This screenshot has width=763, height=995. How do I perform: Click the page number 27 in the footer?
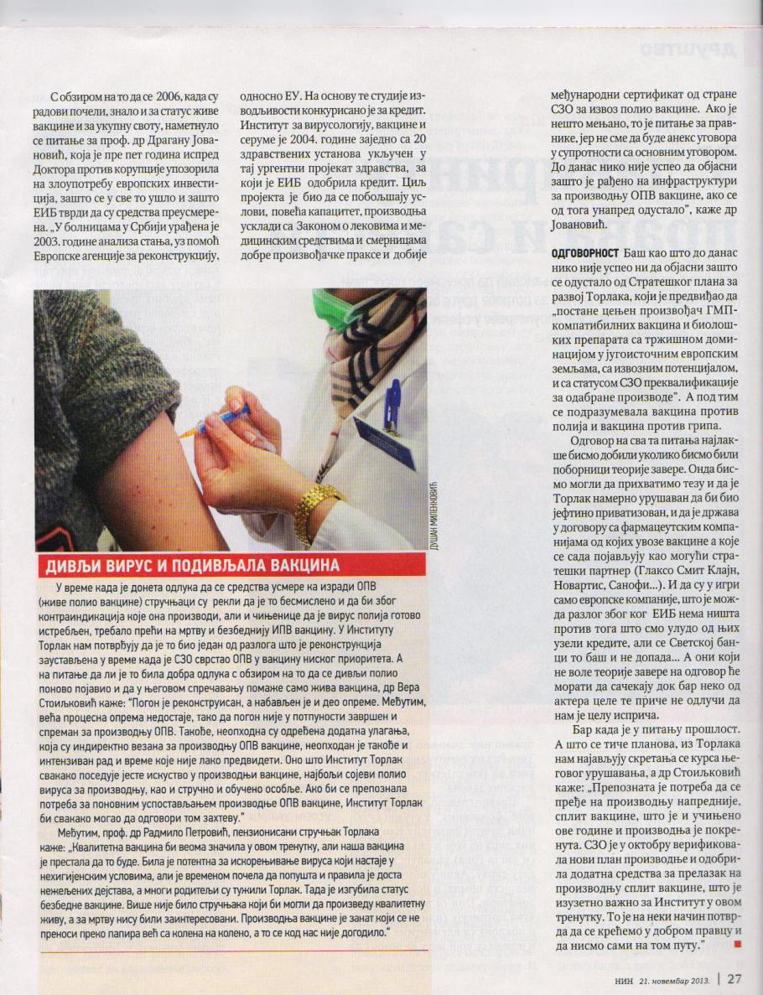[x=734, y=978]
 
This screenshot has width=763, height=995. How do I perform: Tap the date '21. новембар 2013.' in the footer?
[x=675, y=978]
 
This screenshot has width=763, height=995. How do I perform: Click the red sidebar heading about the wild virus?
[x=188, y=563]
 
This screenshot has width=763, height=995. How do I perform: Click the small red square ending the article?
[x=737, y=945]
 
